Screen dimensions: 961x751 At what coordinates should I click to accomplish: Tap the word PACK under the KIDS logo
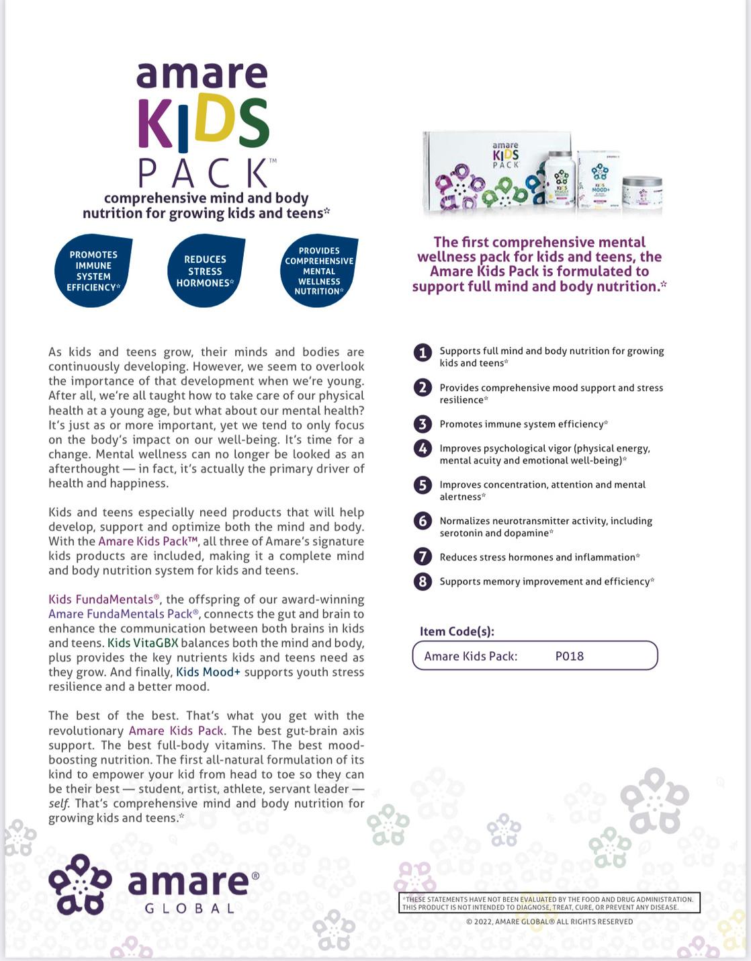203,173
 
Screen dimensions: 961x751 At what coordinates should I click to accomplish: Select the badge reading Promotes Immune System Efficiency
93,271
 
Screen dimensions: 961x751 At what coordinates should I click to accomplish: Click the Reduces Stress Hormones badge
205,271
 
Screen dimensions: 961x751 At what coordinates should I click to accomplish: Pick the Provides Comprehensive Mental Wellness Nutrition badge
318,271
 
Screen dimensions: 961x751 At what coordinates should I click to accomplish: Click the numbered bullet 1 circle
423,353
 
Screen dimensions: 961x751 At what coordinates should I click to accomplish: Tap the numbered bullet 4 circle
423,449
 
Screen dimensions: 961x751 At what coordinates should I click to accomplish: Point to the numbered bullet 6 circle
423,521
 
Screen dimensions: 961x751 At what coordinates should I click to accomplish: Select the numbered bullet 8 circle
423,581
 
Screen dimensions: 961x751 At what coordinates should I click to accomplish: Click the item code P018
569,656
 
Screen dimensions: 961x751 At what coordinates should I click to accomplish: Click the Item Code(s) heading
457,631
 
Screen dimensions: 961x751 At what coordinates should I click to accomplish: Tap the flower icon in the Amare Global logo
79,884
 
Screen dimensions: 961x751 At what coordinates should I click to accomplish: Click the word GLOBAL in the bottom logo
189,909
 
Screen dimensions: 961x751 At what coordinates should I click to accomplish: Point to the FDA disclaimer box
549,903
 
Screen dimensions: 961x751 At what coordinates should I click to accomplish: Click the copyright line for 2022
549,921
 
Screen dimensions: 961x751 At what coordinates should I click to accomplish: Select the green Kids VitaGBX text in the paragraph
143,642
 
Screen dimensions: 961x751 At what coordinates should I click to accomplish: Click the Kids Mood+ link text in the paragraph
208,672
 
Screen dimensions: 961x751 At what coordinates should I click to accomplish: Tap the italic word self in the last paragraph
58,804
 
